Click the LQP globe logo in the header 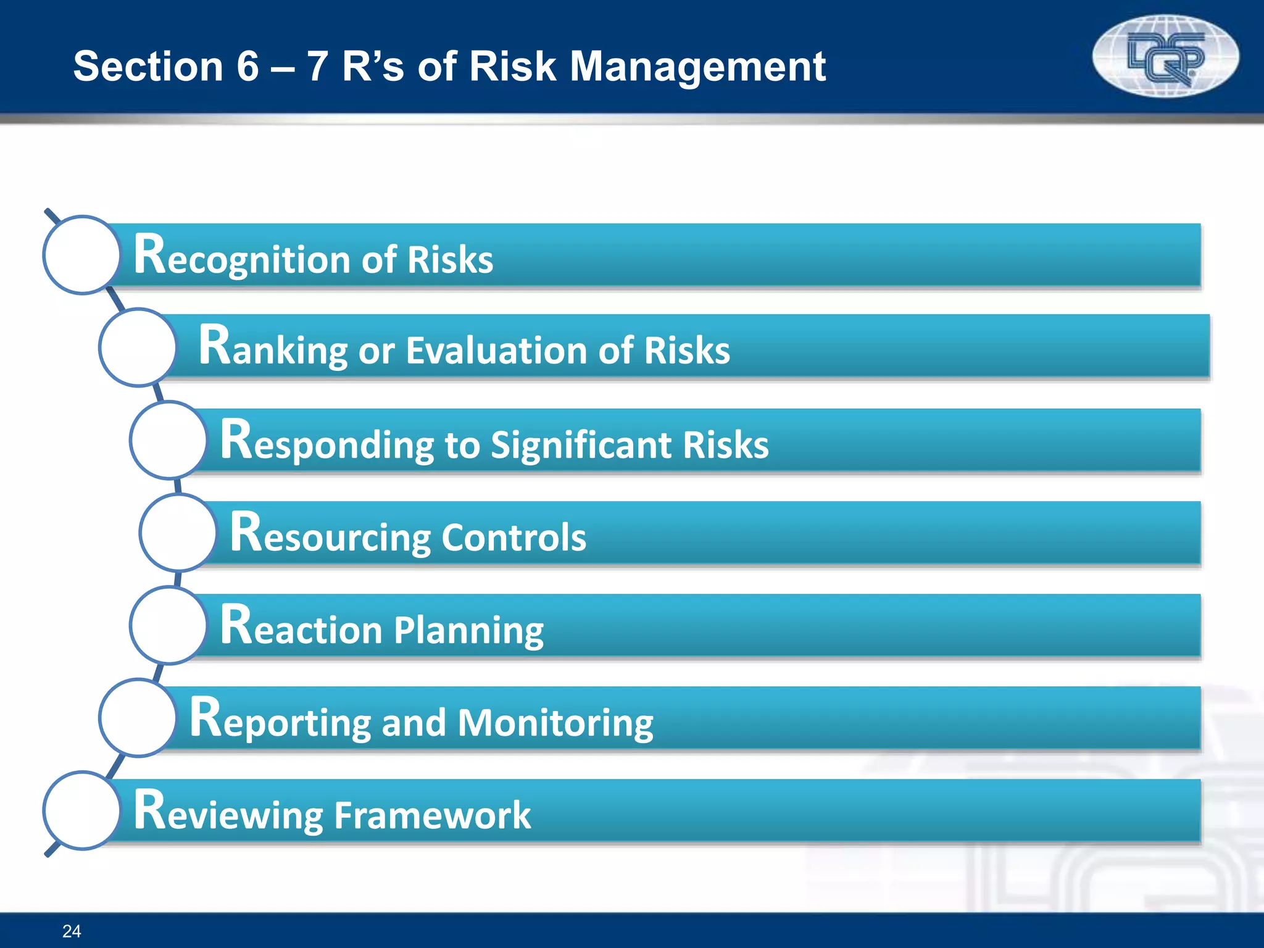pos(1165,57)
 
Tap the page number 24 pos(72,931)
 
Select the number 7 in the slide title pos(317,66)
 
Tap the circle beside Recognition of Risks pos(82,254)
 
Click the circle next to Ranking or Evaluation pos(138,347)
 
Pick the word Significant pos(581,444)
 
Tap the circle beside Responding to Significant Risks pos(168,440)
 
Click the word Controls pos(513,537)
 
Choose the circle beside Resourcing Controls pos(178,532)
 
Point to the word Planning pos(469,630)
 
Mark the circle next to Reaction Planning pos(168,625)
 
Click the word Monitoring pos(555,723)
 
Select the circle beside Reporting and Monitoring pos(138,718)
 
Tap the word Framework pos(432,815)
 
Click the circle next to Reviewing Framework pos(82,810)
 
